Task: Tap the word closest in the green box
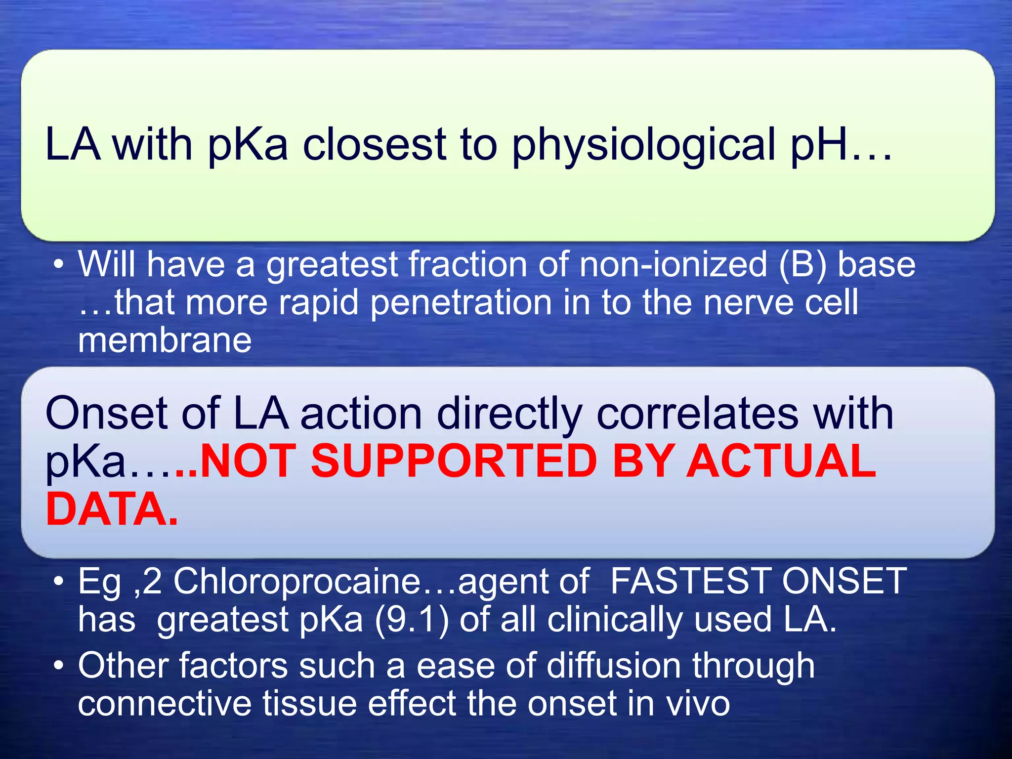[x=375, y=145]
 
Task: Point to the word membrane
[x=165, y=341]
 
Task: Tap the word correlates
[x=698, y=414]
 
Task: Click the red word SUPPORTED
[x=454, y=461]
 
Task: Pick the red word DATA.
[x=111, y=509]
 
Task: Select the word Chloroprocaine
[x=296, y=581]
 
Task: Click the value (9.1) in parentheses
[x=412, y=620]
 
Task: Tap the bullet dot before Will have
[x=59, y=265]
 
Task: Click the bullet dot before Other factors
[x=59, y=666]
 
